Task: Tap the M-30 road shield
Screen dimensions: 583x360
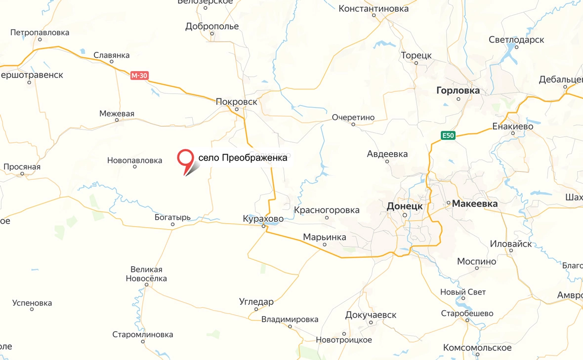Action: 139,76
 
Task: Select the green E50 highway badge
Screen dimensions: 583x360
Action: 448,135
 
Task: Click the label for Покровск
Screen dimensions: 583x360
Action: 237,101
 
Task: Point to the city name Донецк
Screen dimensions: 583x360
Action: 405,206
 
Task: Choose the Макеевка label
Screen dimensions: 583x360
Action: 475,203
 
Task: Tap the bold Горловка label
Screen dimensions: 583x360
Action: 458,90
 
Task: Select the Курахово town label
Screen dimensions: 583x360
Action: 263,218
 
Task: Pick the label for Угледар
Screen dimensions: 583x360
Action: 256,301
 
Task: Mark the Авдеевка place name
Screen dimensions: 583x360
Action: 387,154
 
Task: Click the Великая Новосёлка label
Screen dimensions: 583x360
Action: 146,274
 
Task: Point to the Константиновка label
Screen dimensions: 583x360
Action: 374,8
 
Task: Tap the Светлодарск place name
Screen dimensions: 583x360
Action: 516,40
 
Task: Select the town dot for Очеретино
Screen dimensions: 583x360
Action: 353,124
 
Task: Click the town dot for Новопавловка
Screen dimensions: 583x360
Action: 135,167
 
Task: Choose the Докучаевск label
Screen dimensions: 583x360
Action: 371,315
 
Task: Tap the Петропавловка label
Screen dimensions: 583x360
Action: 40,33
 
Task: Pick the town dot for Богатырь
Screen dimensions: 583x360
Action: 172,225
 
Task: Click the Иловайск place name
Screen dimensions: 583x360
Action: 511,243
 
